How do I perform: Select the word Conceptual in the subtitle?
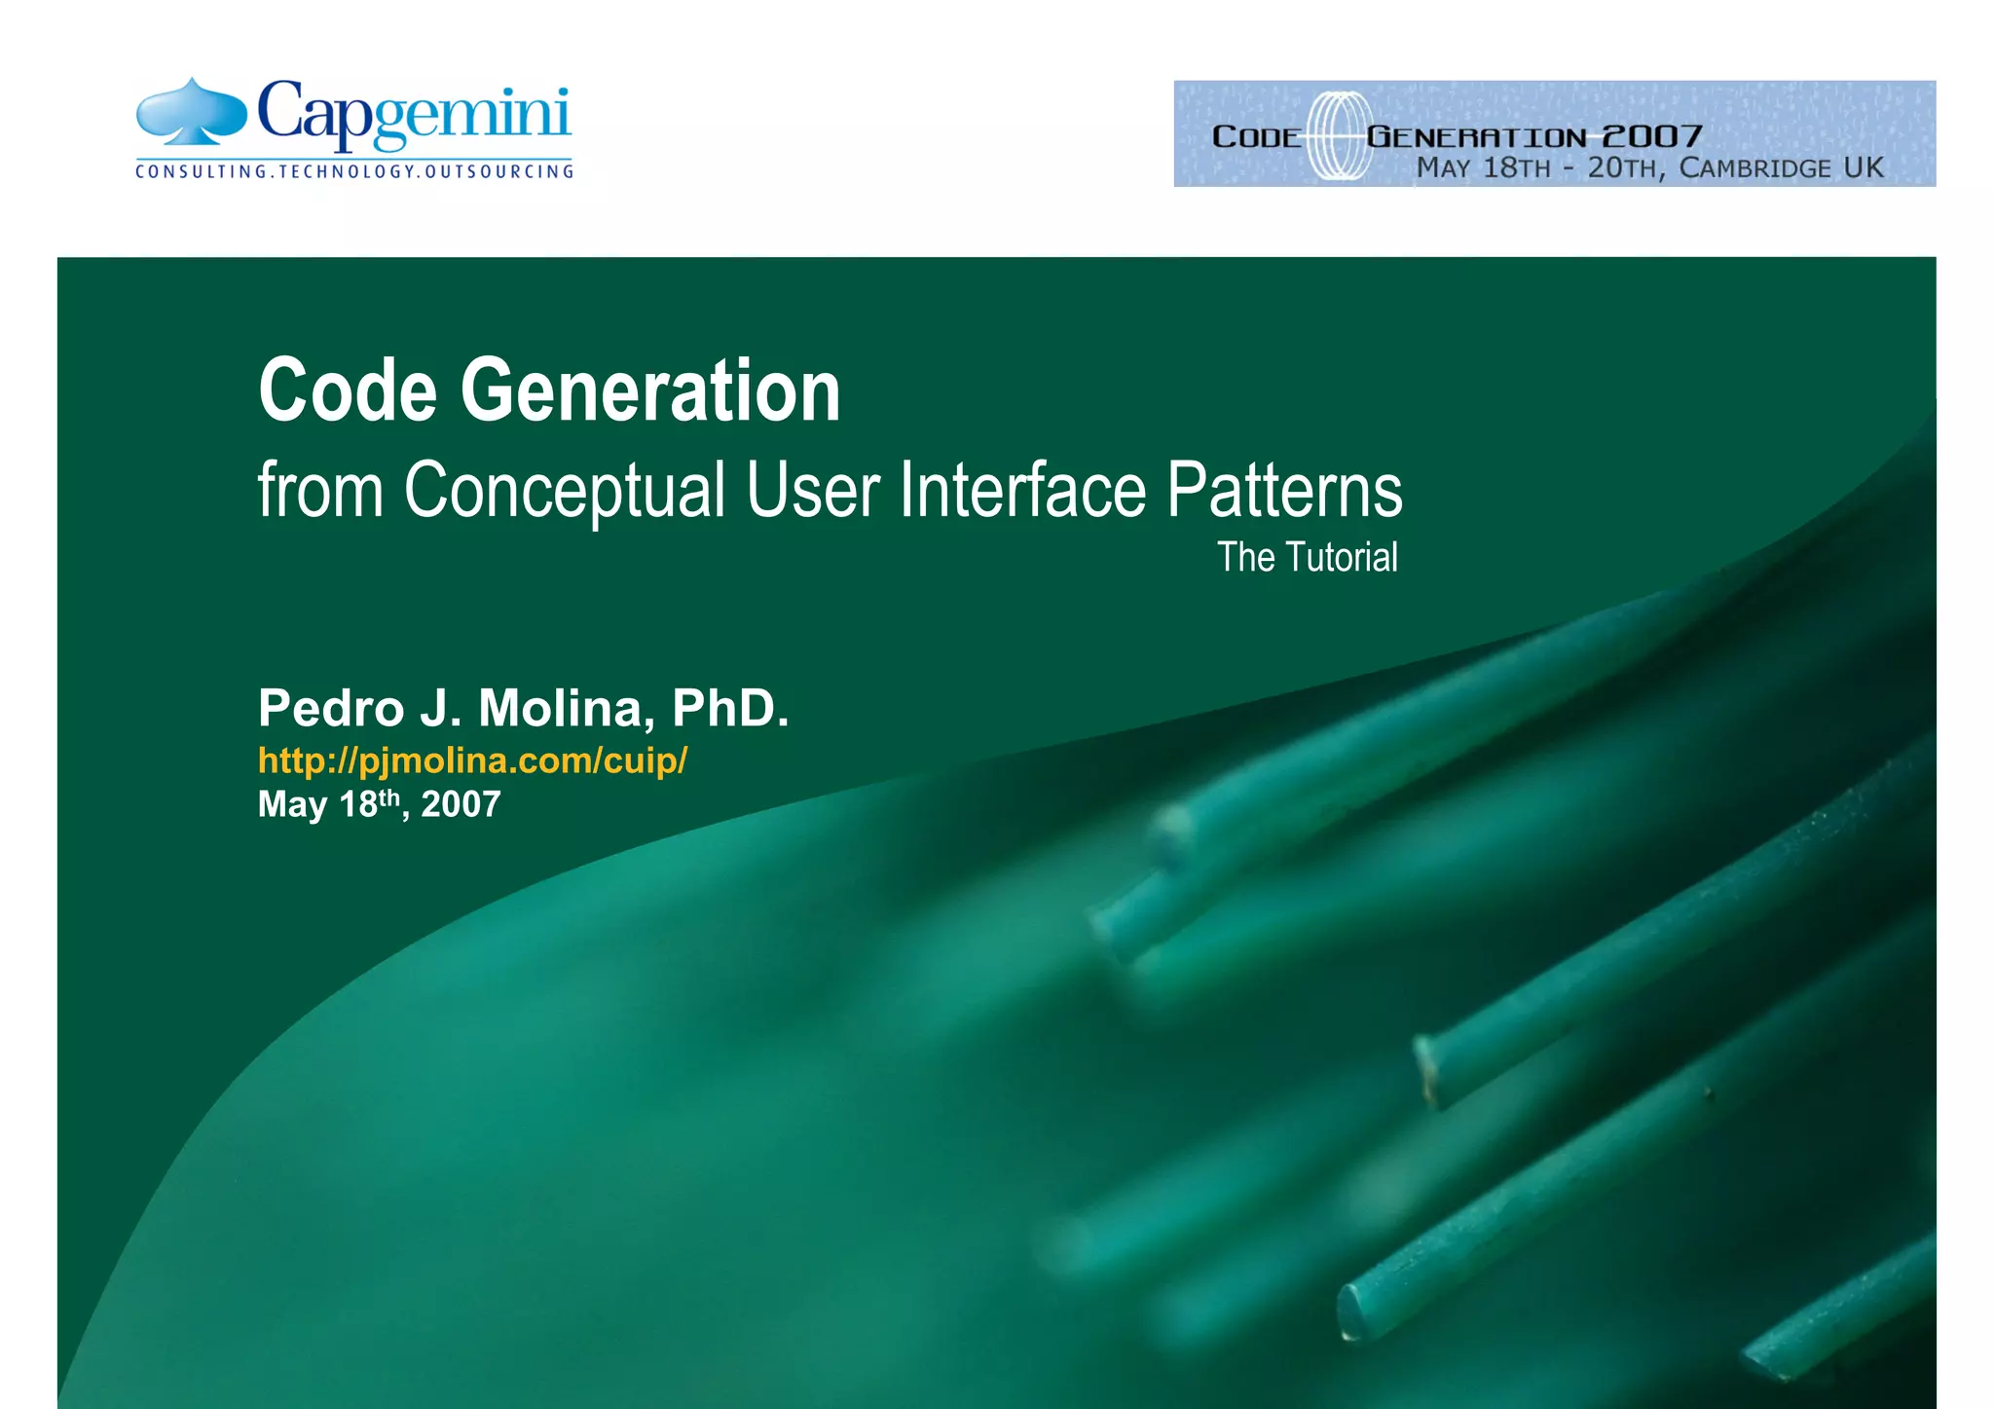click(x=565, y=491)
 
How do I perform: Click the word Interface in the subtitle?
click(x=1022, y=491)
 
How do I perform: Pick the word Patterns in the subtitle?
click(x=1284, y=491)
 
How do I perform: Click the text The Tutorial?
click(x=1307, y=558)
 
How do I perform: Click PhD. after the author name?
click(x=730, y=708)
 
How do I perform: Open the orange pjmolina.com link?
click(x=472, y=760)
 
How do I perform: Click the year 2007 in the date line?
click(x=461, y=805)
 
